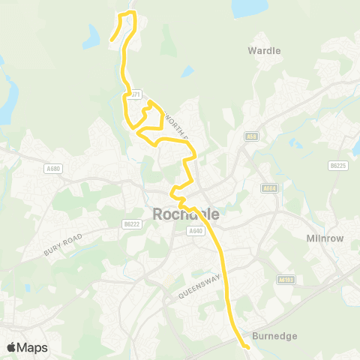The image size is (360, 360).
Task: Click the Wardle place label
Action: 264,51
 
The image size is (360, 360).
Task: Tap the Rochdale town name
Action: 186,214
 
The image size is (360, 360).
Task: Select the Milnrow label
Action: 324,238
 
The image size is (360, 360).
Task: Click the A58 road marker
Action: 251,136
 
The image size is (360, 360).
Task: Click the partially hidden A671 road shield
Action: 134,95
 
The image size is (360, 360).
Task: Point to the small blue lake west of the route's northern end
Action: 93,35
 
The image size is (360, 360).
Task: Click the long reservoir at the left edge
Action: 6,97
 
